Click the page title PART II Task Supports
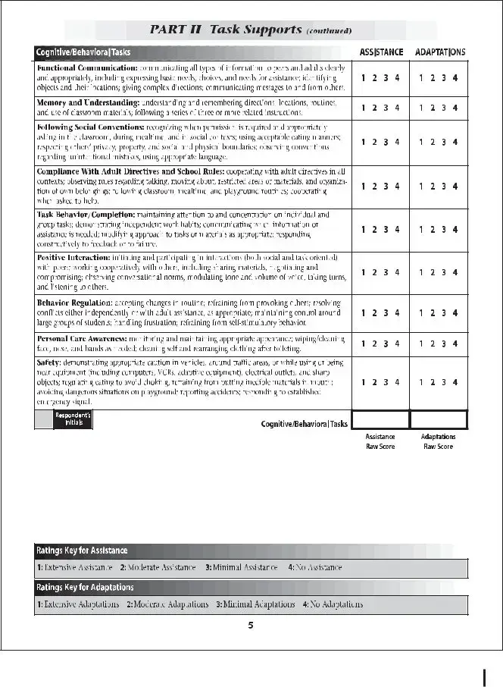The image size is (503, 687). pyautogui.click(x=250, y=30)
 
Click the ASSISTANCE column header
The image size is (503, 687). pyautogui.click(x=381, y=52)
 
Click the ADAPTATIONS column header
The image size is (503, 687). pyautogui.click(x=439, y=52)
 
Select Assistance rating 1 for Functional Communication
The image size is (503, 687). pyautogui.click(x=363, y=77)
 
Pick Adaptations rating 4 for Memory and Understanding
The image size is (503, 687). pyautogui.click(x=455, y=108)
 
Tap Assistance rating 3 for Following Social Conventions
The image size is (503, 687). pyautogui.click(x=386, y=142)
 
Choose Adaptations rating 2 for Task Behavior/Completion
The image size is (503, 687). pyautogui.click(x=433, y=230)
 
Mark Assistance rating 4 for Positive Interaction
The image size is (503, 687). pyautogui.click(x=398, y=272)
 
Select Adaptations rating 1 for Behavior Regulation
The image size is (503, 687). pyautogui.click(x=420, y=312)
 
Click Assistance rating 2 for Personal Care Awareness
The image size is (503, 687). pyautogui.click(x=375, y=343)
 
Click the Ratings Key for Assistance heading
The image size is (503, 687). pyautogui.click(x=81, y=551)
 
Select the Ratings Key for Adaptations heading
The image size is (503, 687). pyautogui.click(x=84, y=588)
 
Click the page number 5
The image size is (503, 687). pyautogui.click(x=251, y=626)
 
